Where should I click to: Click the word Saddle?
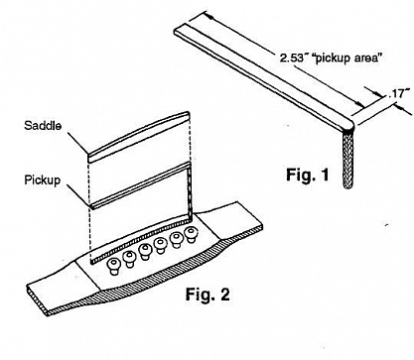click(x=43, y=126)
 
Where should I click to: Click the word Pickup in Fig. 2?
click(x=43, y=180)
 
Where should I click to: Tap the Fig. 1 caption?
click(x=308, y=175)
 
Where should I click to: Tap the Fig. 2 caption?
click(x=207, y=294)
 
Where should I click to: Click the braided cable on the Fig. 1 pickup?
click(x=347, y=159)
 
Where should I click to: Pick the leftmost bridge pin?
click(x=113, y=267)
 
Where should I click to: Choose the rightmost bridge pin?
click(x=191, y=235)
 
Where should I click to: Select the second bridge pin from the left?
click(x=129, y=259)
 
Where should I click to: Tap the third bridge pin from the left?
click(x=145, y=252)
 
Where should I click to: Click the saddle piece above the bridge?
click(x=139, y=137)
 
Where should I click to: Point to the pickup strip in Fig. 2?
click(x=140, y=185)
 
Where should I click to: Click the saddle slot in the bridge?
click(x=141, y=239)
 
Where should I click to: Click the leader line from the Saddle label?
click(x=78, y=144)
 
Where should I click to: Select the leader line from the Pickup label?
click(x=78, y=195)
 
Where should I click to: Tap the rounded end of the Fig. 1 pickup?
click(x=348, y=125)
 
